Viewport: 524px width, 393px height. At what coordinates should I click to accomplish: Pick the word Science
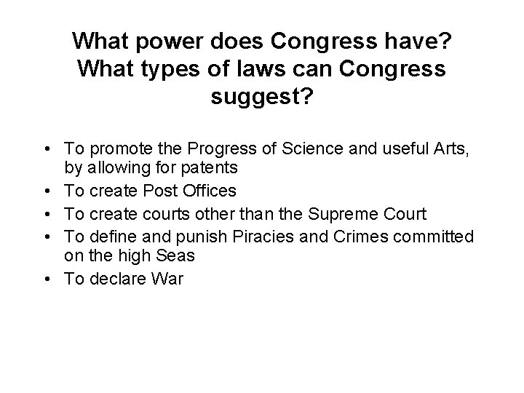pos(300,149)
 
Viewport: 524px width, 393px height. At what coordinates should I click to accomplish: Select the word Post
pos(156,191)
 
